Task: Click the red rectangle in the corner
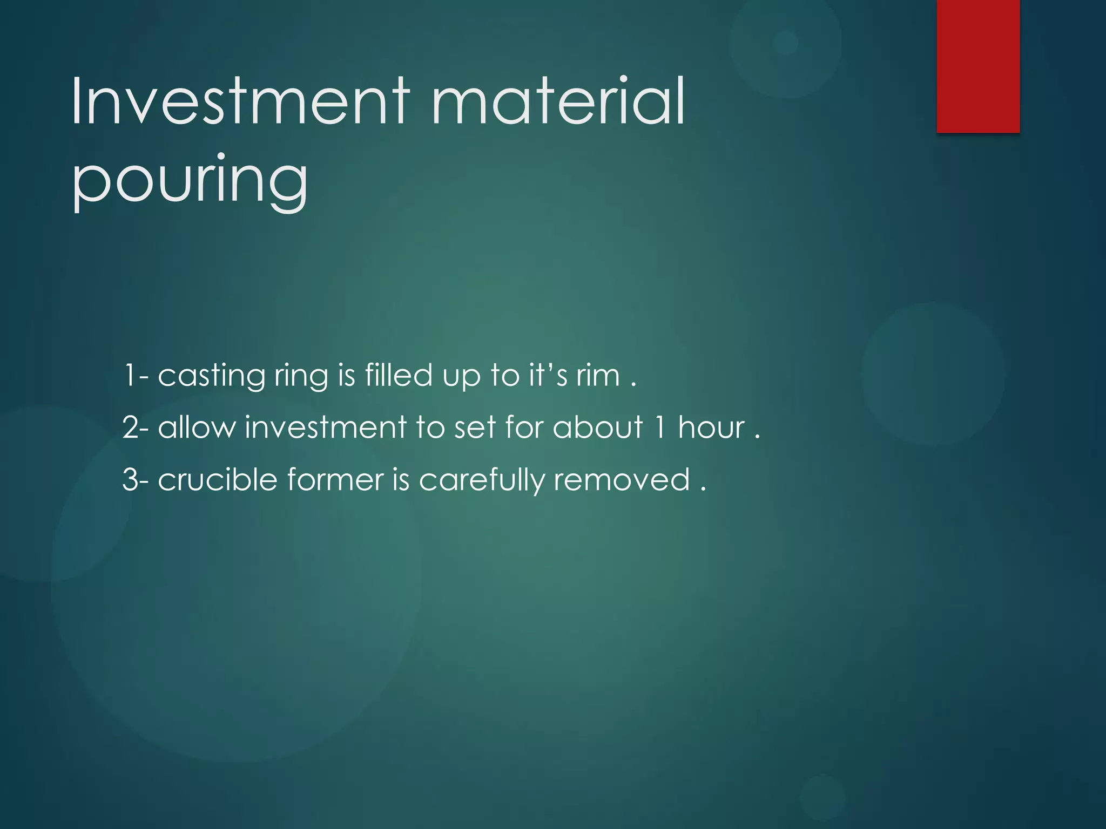978,66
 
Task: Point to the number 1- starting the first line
136,375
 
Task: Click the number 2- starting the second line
136,427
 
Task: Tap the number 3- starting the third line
136,479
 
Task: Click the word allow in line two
197,427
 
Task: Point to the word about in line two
598,427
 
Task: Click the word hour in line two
711,427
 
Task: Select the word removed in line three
622,479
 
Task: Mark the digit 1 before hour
659,427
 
